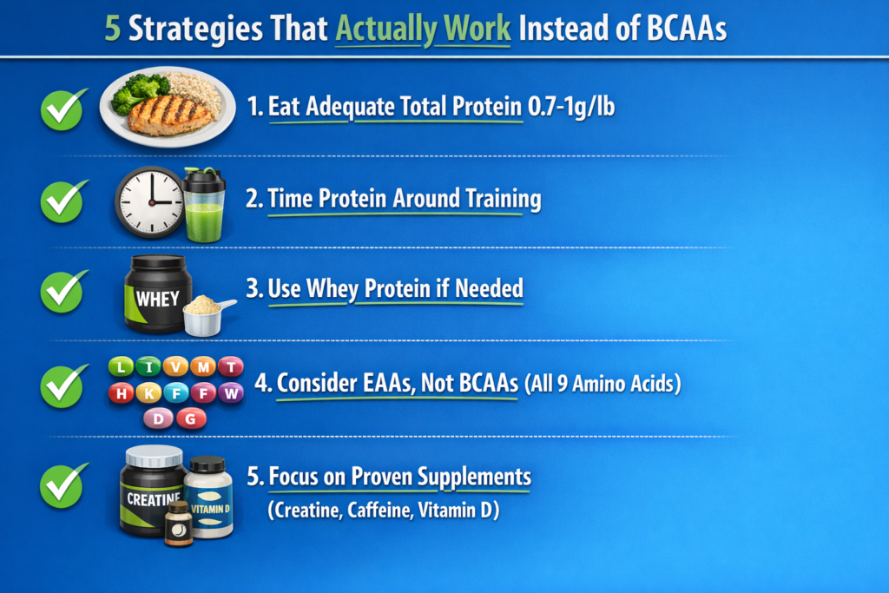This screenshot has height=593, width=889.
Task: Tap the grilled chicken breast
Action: click(x=170, y=115)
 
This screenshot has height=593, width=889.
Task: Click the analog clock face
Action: click(x=151, y=201)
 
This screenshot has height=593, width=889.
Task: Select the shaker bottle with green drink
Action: click(x=204, y=205)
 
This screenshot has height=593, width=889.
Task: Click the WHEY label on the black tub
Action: click(x=157, y=299)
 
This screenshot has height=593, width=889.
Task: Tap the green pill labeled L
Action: click(x=121, y=366)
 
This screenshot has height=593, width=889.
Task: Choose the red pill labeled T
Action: click(x=231, y=366)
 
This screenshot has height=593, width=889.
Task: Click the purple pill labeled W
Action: click(x=231, y=393)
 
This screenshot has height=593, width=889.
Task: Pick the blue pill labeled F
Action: click(x=176, y=393)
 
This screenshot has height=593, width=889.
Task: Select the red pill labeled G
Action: click(x=191, y=419)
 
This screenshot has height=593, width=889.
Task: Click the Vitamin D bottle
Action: click(x=208, y=497)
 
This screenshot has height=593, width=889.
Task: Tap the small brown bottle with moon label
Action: click(x=179, y=524)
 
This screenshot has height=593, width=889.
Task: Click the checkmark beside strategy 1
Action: click(x=63, y=109)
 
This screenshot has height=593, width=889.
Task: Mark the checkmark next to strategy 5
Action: click(x=63, y=486)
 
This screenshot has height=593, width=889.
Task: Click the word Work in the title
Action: click(x=477, y=29)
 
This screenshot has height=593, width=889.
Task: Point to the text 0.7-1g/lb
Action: click(x=571, y=107)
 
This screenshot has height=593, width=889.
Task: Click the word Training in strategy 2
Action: click(x=504, y=199)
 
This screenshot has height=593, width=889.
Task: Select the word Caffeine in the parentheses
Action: click(x=379, y=511)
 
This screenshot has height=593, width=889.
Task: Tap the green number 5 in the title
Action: click(x=112, y=29)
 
